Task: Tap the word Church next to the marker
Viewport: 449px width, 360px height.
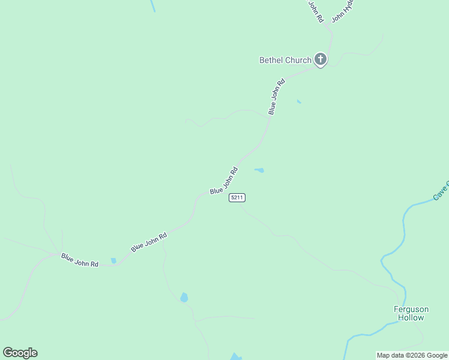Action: [298, 60]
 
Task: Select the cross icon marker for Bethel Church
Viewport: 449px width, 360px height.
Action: [321, 59]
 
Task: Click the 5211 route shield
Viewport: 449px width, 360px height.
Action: [237, 197]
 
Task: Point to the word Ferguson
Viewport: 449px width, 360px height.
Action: [411, 310]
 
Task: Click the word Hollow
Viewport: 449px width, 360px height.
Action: [411, 318]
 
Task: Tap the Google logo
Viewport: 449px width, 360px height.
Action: [20, 353]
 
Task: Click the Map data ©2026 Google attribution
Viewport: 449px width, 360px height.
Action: [412, 355]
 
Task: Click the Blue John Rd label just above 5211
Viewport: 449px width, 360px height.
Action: [224, 180]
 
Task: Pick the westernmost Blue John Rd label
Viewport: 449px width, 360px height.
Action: [79, 260]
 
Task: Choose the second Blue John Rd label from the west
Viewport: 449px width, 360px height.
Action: [149, 241]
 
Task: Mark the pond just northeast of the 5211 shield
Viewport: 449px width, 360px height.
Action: [259, 170]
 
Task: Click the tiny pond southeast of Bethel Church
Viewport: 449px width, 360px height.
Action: [299, 101]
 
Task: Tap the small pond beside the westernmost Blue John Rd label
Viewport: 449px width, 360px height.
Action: [113, 261]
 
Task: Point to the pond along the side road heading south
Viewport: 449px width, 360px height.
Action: [184, 297]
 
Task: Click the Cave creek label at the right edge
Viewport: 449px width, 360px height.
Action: [441, 190]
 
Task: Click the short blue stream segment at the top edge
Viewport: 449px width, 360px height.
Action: [153, 5]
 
